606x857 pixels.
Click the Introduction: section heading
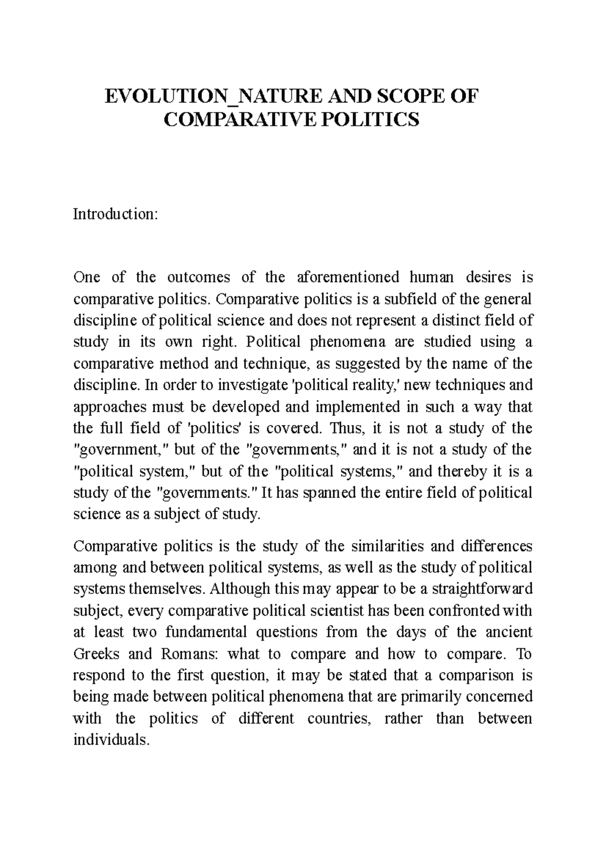pyautogui.click(x=116, y=214)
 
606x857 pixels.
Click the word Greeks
pyautogui.click(x=96, y=654)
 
